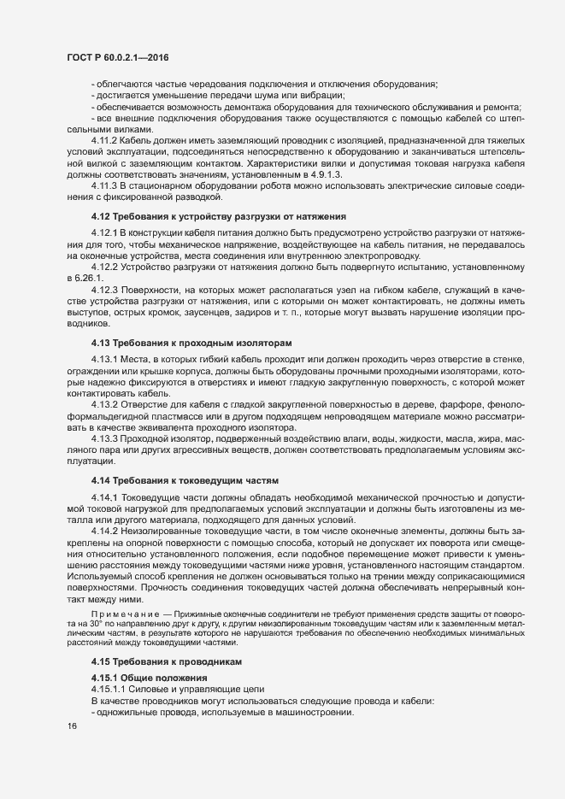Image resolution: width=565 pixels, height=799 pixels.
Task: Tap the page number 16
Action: click(71, 726)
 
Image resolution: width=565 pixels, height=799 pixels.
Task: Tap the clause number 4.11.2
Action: click(104, 138)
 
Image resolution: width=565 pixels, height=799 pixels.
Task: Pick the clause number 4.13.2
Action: click(104, 404)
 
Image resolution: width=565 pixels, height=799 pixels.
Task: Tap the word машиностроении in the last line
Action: click(311, 713)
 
